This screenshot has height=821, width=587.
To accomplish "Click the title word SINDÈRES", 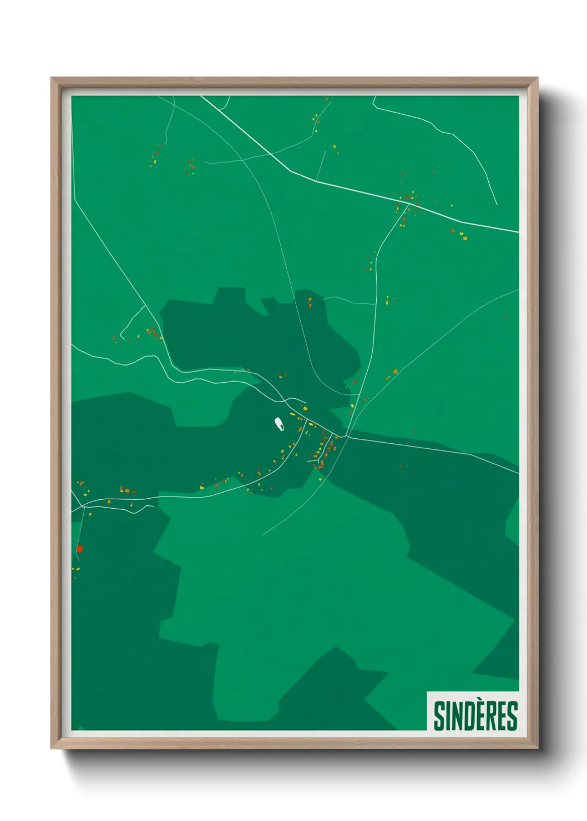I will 475,716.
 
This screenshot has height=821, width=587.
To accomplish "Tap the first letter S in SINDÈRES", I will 439,716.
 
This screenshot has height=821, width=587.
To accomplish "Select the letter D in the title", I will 465,716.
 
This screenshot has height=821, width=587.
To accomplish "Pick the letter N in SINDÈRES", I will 454,716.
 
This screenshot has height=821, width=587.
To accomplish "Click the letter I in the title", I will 446,716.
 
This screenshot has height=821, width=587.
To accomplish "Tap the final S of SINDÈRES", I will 512,716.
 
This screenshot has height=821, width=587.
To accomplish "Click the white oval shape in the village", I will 280,424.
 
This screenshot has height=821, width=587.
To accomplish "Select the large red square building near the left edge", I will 79,549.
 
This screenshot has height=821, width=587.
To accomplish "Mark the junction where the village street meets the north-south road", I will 347,436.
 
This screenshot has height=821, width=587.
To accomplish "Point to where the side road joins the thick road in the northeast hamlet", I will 411,204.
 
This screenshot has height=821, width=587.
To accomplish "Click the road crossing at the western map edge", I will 82,506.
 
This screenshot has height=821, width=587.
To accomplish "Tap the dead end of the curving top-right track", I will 497,204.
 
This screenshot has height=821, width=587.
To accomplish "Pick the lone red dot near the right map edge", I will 505,318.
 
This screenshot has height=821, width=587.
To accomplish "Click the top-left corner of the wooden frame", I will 52,78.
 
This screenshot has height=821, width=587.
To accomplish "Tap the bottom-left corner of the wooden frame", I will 52,748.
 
